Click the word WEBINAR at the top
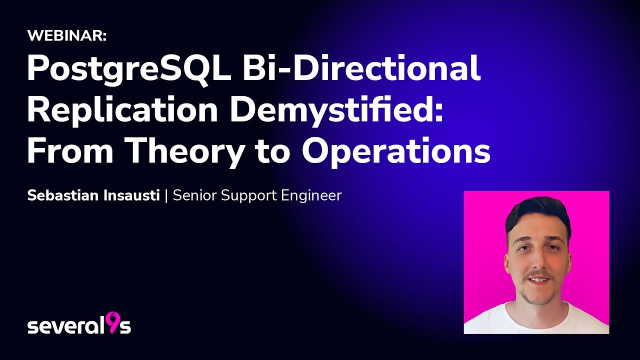(x=66, y=35)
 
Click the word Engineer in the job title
(x=311, y=195)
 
